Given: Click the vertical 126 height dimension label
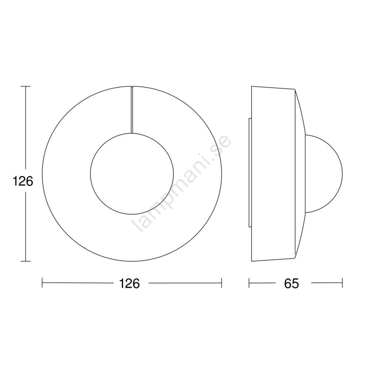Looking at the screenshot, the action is pos(23,182).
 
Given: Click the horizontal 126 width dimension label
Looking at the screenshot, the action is pos(129,283).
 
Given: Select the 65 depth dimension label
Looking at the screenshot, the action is pos(292,283).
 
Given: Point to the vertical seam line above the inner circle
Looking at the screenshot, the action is pos(132,110).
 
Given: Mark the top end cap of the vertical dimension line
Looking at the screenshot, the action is pos(26,87).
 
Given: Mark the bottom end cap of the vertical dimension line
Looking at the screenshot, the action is pos(26,261).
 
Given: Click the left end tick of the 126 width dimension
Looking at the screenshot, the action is pos(42,283).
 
